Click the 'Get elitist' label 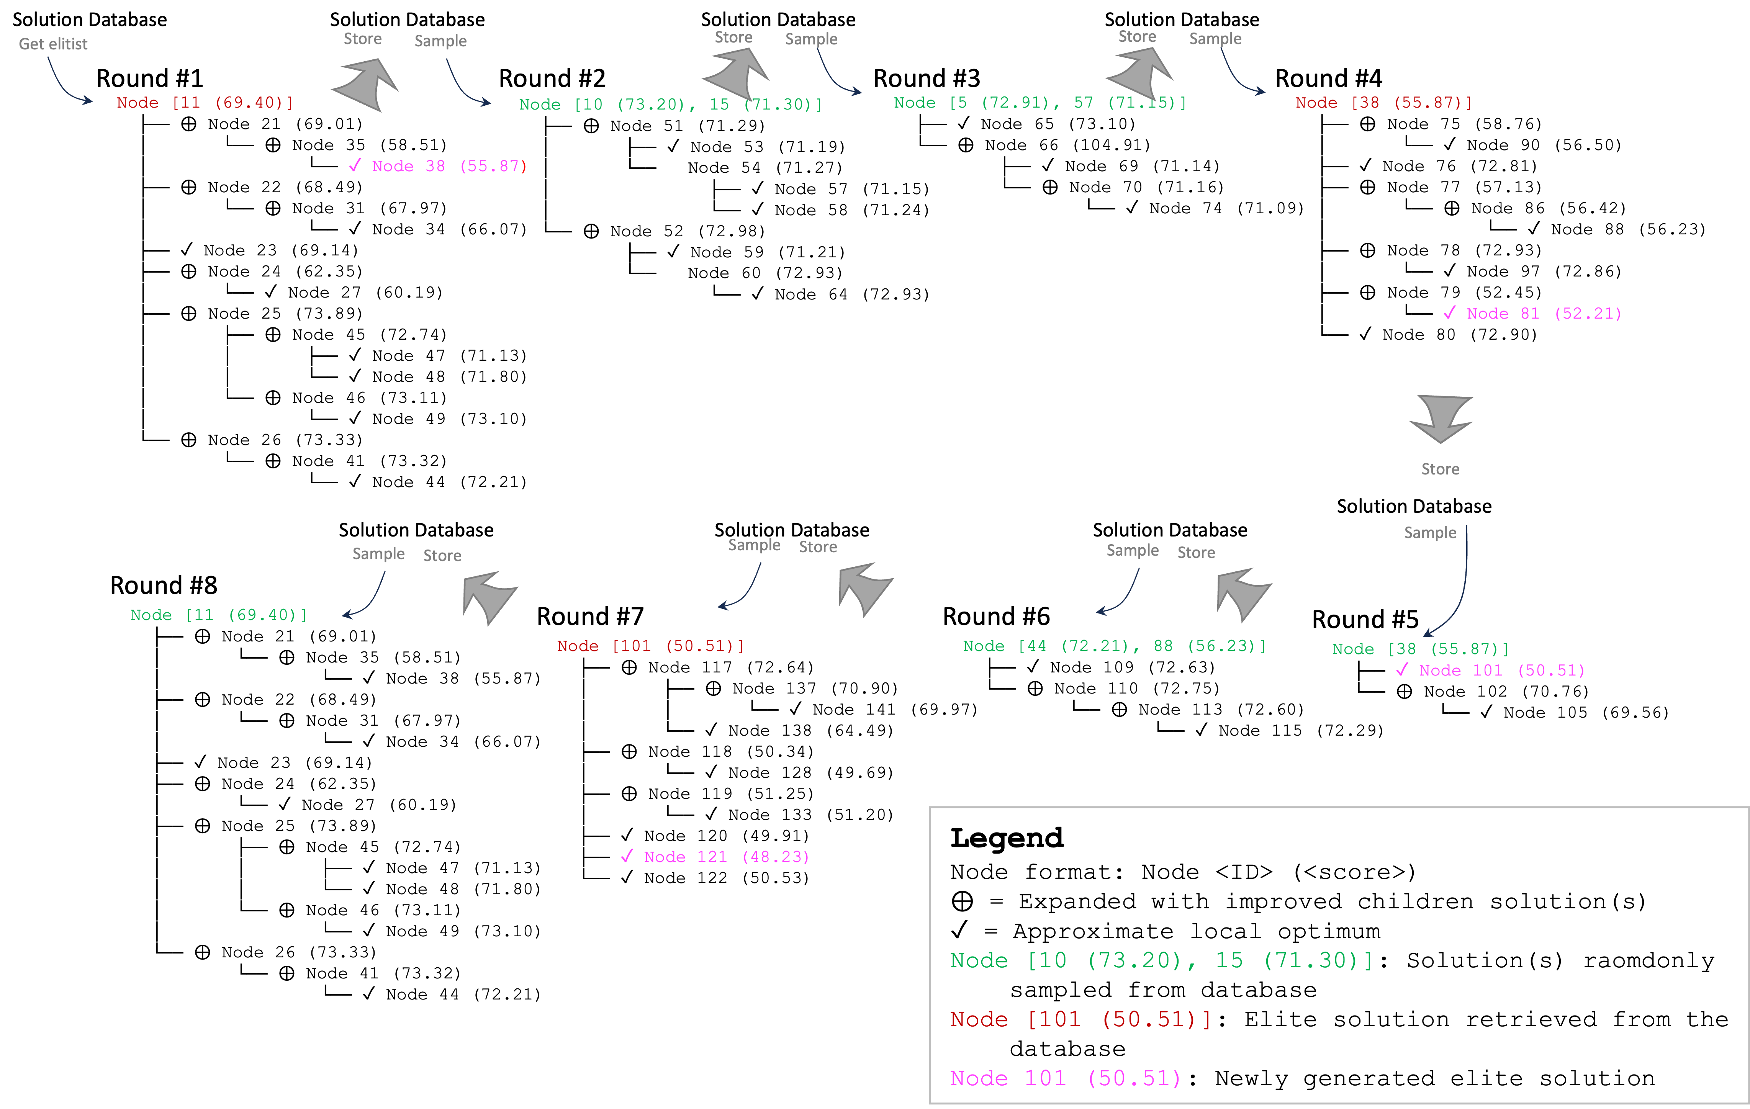click(x=53, y=44)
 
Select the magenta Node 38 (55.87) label click(x=449, y=167)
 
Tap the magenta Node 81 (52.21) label click(x=1544, y=314)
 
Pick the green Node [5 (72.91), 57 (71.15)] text click(x=1039, y=103)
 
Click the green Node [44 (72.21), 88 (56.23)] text click(x=1114, y=646)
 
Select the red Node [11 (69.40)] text click(x=205, y=103)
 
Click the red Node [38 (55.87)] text click(x=1384, y=103)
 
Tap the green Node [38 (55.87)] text click(x=1420, y=649)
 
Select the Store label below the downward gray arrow click(x=1440, y=469)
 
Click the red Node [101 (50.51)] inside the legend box click(x=1080, y=1020)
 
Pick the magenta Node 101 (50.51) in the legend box click(x=1066, y=1078)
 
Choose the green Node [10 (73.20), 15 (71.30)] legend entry click(x=1161, y=961)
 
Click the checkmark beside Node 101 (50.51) click(x=1402, y=670)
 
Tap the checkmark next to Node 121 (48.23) click(x=627, y=857)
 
